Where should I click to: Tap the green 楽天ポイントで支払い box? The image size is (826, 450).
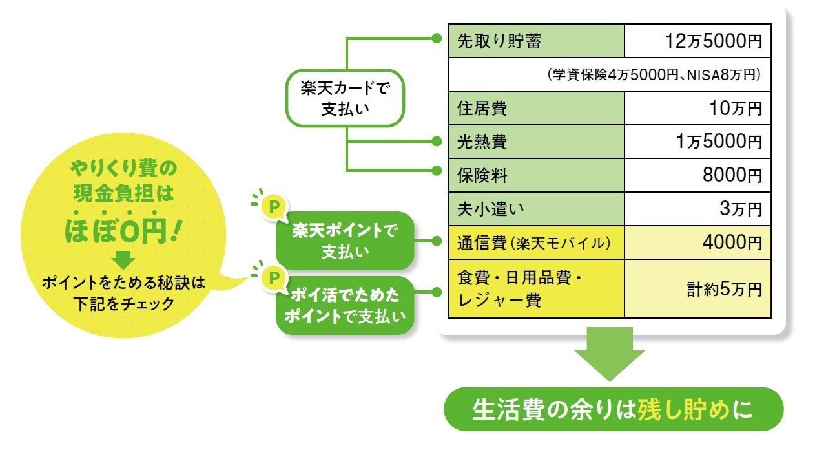click(x=344, y=241)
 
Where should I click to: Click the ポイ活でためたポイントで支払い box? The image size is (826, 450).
click(x=344, y=305)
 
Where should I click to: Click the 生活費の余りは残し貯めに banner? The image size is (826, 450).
click(x=614, y=409)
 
